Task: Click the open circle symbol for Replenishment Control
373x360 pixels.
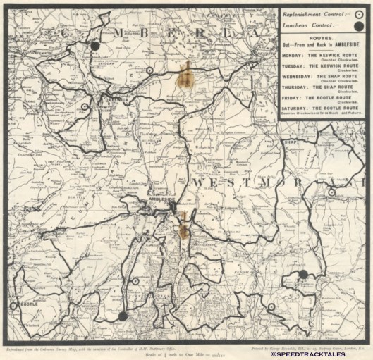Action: [x=358, y=14]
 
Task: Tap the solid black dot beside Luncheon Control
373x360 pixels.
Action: [x=358, y=25]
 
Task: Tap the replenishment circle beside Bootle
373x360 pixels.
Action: [x=13, y=305]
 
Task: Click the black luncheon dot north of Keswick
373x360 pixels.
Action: [x=95, y=46]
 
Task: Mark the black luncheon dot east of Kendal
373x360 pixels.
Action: [x=303, y=274]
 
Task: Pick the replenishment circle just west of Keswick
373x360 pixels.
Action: [x=85, y=107]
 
